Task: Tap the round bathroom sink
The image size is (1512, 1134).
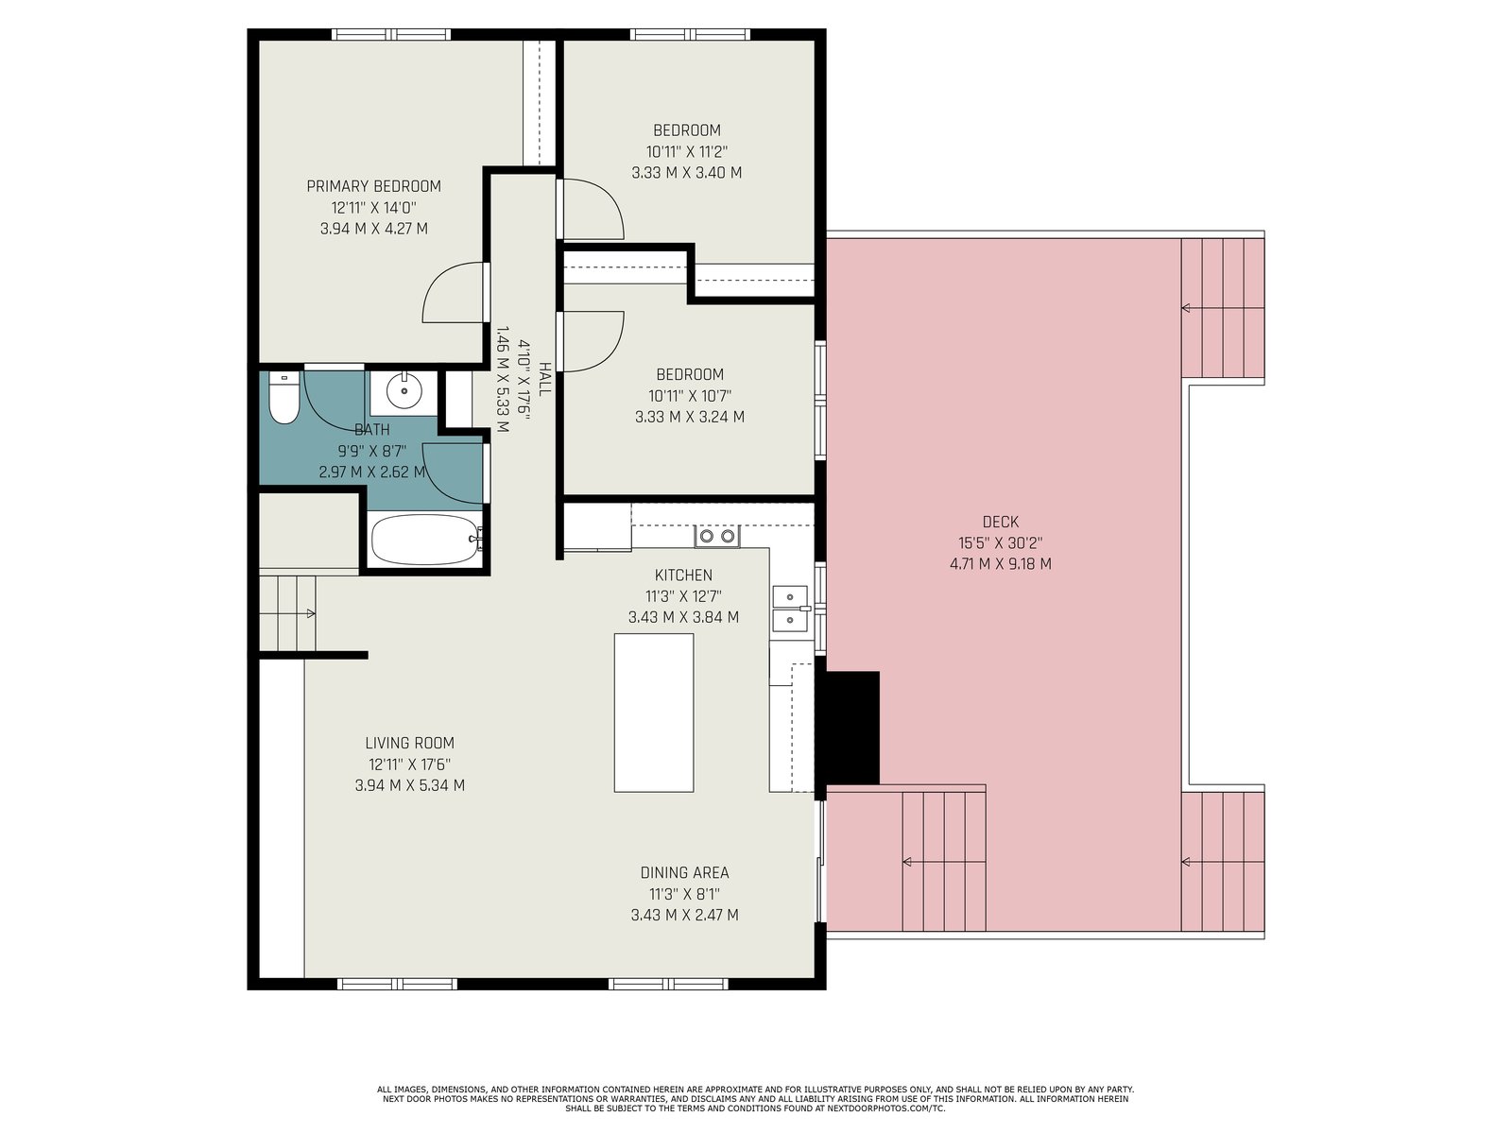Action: [x=403, y=392]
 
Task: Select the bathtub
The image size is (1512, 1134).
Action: [x=425, y=540]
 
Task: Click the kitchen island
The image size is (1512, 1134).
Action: [x=654, y=713]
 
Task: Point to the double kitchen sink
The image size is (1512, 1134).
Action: [x=789, y=609]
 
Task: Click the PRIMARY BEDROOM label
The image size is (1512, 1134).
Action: [x=374, y=186]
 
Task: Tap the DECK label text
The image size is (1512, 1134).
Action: [x=1001, y=522]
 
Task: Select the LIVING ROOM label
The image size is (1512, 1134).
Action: [x=410, y=743]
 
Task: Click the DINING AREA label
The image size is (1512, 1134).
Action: [x=685, y=872]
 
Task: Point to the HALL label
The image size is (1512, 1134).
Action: [x=544, y=379]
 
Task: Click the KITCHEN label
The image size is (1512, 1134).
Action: [x=683, y=575]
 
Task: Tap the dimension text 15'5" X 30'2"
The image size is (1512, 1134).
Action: [x=1001, y=542]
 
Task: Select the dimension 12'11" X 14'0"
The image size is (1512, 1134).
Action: [x=374, y=207]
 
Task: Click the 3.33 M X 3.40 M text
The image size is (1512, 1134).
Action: [x=687, y=172]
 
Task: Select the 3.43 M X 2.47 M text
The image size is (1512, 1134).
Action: [x=685, y=915]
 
